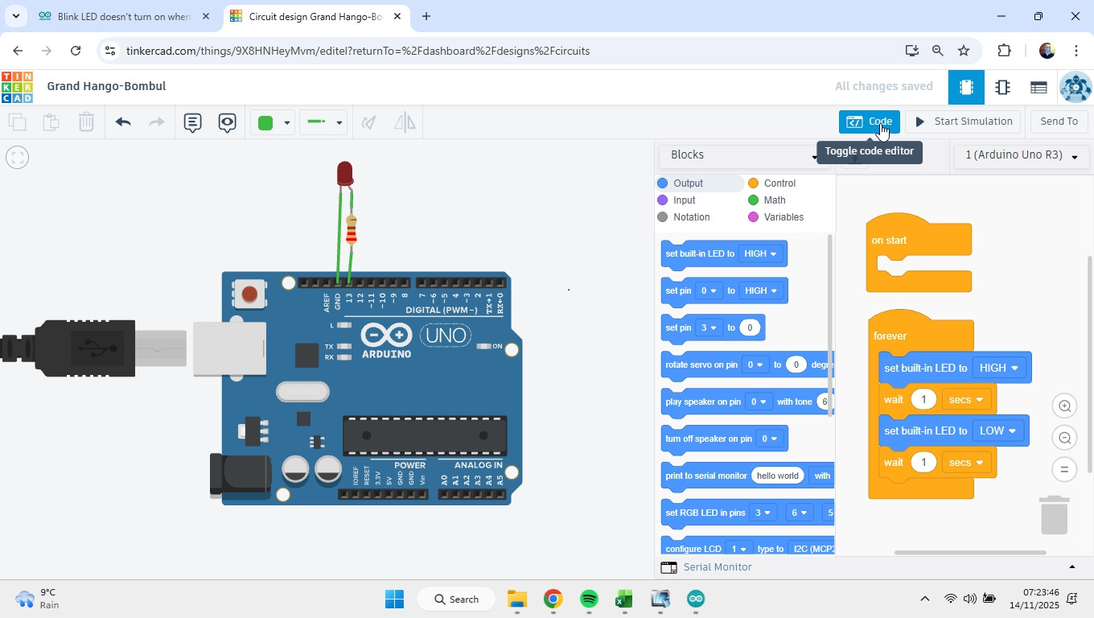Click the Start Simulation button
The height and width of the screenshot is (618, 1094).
[x=963, y=122]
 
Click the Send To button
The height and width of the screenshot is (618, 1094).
[x=1059, y=122]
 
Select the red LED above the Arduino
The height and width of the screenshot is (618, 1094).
[x=345, y=172]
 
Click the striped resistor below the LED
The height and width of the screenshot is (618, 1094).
[x=351, y=231]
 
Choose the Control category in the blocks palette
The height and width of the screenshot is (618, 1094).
[x=779, y=183]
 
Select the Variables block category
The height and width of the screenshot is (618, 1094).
[x=783, y=217]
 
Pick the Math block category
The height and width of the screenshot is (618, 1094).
[x=774, y=200]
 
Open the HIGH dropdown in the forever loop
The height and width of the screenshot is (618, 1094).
[x=999, y=368]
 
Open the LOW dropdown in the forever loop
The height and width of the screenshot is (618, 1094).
[x=997, y=431]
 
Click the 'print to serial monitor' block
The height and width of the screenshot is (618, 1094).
[x=705, y=476]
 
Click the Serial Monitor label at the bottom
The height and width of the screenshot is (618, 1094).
[x=717, y=567]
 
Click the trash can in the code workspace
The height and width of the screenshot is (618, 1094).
[x=1054, y=515]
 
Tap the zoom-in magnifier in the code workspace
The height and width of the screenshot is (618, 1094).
[x=1064, y=406]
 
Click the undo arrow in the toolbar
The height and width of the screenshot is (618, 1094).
[x=123, y=122]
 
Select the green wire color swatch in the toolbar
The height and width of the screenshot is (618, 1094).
[x=265, y=123]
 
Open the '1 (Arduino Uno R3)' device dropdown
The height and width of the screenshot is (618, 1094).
[x=1021, y=155]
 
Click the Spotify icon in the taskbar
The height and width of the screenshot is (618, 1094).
[x=589, y=599]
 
